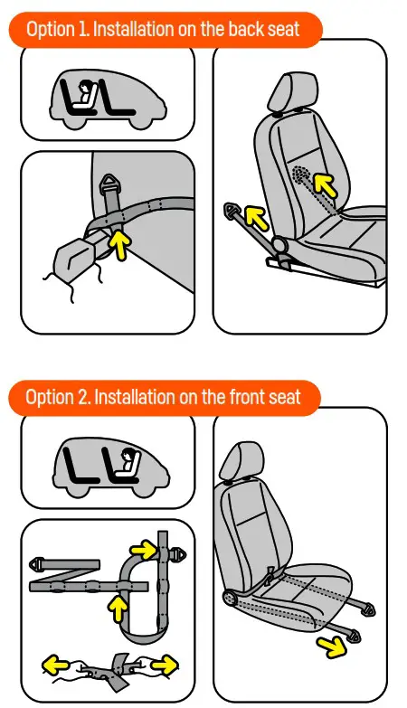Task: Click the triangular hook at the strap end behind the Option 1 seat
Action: [x=232, y=212]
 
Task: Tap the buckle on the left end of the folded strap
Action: [x=40, y=562]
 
